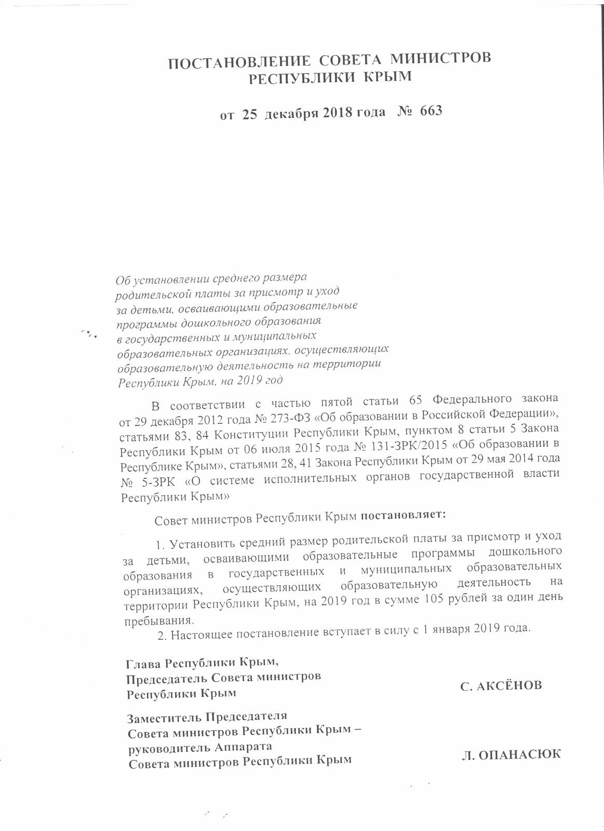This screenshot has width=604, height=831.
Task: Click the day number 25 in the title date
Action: tap(250, 115)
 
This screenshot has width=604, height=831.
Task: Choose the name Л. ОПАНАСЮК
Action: tap(511, 755)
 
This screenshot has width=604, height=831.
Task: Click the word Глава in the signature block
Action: tap(143, 664)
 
